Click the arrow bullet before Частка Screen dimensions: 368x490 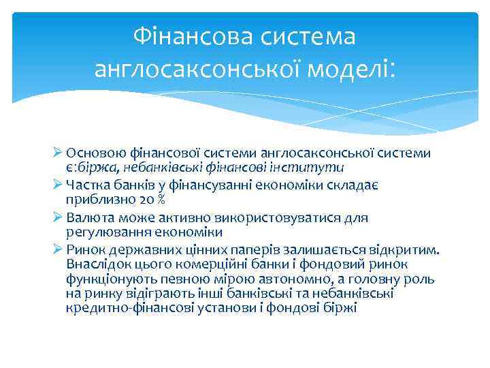click(57, 185)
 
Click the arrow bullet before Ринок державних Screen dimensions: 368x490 click(57, 250)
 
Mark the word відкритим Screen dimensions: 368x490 click(406, 250)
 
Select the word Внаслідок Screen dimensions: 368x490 click(96, 264)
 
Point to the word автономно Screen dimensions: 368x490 click(293, 279)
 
